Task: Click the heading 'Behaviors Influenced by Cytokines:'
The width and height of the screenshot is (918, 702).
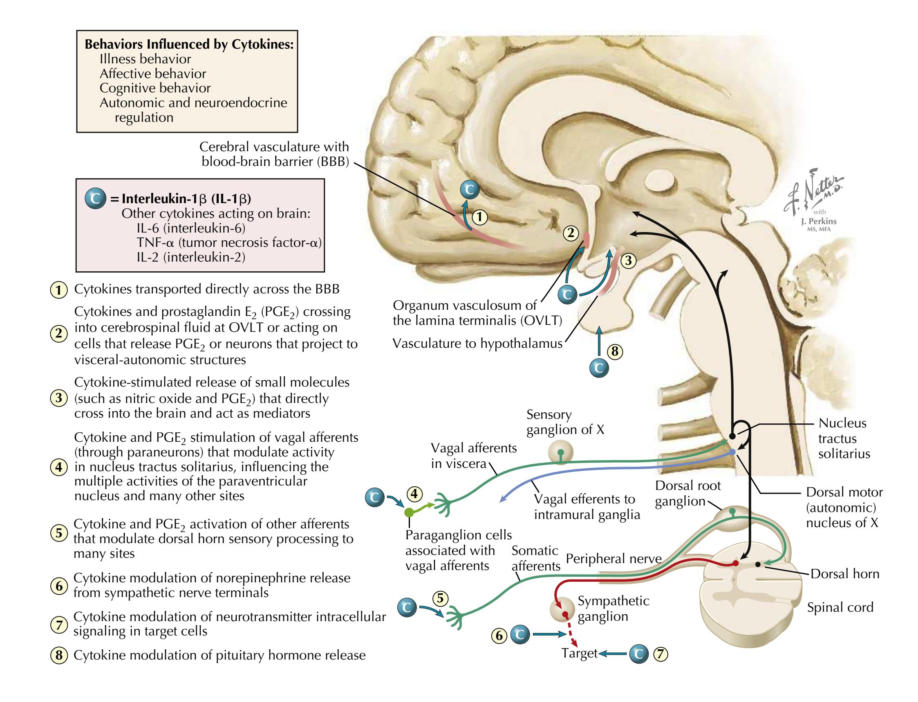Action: [189, 44]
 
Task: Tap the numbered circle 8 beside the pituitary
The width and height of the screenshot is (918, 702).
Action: [614, 351]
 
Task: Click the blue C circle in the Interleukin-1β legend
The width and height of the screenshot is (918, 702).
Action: [95, 199]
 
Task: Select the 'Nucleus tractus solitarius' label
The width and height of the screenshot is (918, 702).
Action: [844, 438]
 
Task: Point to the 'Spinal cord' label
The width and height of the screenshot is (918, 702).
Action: [840, 607]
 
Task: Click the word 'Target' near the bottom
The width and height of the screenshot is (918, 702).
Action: [580, 653]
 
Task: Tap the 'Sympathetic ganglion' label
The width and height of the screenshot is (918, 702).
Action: [613, 608]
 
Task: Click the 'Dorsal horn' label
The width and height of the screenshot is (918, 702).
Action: [844, 574]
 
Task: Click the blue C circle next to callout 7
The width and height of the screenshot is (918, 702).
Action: [638, 654]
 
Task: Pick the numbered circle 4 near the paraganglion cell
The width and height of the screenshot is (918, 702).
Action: [414, 494]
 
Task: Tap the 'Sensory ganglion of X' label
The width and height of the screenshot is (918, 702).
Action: [565, 422]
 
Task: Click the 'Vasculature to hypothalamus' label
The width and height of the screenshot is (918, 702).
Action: [477, 344]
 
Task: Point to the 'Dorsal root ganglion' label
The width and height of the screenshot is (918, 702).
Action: [687, 493]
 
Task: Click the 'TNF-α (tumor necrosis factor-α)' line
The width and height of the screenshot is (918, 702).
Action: [229, 242]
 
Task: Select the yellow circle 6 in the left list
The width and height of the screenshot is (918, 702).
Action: [59, 586]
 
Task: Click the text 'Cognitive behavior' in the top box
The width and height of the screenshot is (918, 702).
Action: [154, 88]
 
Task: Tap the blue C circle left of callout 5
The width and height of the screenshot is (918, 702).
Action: [407, 607]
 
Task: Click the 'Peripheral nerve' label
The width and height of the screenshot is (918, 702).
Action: [613, 559]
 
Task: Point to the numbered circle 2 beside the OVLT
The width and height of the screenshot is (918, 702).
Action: [571, 233]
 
